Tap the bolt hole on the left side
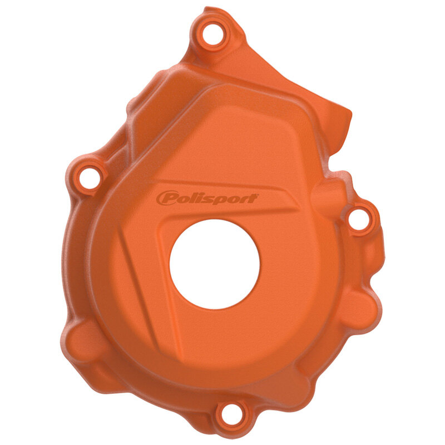click(x=88, y=177)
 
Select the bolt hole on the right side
click(x=360, y=218)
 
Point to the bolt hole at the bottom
click(x=230, y=413)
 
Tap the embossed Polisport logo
click(x=207, y=198)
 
